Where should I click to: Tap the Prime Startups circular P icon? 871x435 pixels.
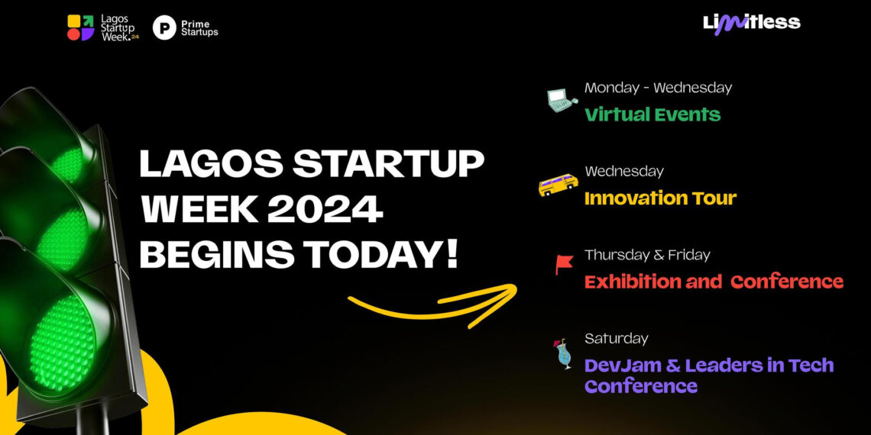tap(164, 28)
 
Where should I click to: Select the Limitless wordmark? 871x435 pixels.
tap(751, 23)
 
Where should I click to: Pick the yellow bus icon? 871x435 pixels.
tap(559, 185)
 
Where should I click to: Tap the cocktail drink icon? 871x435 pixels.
tap(565, 354)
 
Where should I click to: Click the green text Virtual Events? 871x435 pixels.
tap(652, 114)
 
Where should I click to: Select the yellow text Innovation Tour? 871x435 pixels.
tap(660, 198)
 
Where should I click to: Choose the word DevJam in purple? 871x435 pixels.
tap(614, 366)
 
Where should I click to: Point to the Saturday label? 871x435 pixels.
tap(616, 338)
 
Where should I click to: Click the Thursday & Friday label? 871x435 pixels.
tap(647, 254)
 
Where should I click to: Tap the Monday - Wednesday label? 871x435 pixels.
tap(658, 88)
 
